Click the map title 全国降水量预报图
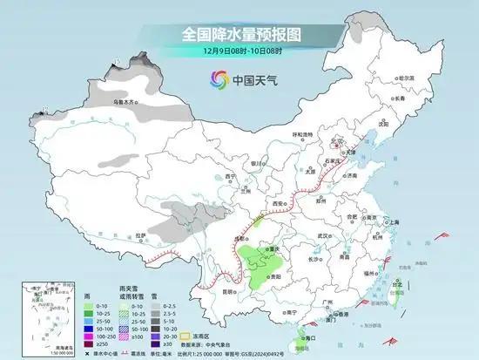[239, 34]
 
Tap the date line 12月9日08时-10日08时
[239, 51]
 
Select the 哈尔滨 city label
[406, 78]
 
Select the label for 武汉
[326, 234]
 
